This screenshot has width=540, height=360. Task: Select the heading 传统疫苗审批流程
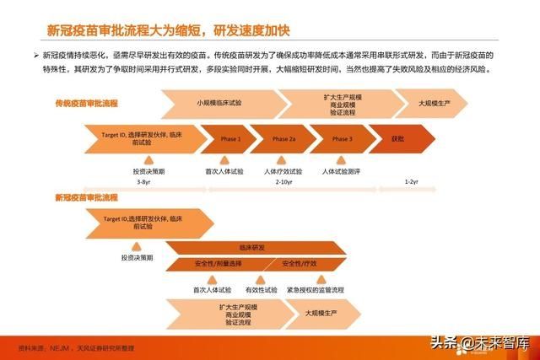tap(86, 103)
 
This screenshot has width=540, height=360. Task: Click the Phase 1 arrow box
tap(230, 138)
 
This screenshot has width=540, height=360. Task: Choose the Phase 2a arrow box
tap(283, 138)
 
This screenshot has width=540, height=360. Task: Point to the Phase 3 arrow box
tap(342, 138)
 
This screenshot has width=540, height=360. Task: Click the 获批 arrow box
tap(398, 138)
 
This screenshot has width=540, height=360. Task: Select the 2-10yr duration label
tap(283, 181)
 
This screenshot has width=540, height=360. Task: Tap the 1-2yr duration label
tap(411, 181)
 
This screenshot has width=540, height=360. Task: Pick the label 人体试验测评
tap(341, 171)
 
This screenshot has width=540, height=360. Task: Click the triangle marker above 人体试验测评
tap(341, 159)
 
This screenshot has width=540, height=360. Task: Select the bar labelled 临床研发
tap(252, 248)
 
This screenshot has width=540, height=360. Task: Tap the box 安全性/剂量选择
tap(218, 263)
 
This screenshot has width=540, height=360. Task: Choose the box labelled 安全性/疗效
tap(302, 263)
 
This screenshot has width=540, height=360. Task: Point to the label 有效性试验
tap(261, 289)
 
